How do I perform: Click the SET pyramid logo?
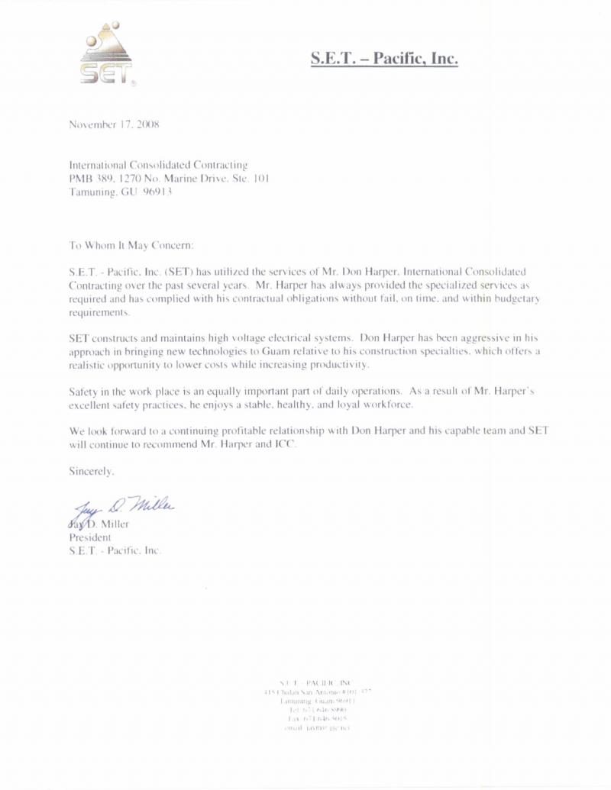coord(107,52)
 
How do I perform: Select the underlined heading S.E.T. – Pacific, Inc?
coord(384,58)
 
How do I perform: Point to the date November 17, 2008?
coord(114,124)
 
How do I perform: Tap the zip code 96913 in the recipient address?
coord(158,192)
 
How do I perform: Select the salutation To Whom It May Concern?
coord(132,246)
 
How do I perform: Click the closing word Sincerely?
coord(92,472)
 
